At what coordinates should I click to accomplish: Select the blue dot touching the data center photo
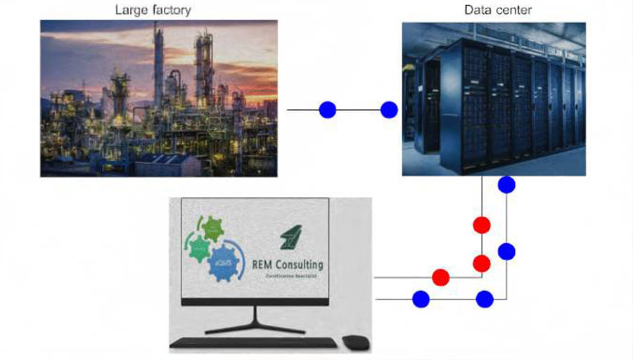pos(389,110)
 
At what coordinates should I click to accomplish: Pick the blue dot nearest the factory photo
pos(328,110)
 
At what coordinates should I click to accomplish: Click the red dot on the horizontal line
pos(441,277)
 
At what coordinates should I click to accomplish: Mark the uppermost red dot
pos(482,225)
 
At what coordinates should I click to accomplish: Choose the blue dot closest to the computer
pos(421,300)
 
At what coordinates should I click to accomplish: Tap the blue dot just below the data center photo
pos(506,185)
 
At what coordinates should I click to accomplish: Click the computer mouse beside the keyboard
pos(355,342)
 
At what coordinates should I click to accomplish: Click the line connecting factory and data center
pos(359,110)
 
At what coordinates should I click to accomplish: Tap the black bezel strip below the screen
pos(255,301)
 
